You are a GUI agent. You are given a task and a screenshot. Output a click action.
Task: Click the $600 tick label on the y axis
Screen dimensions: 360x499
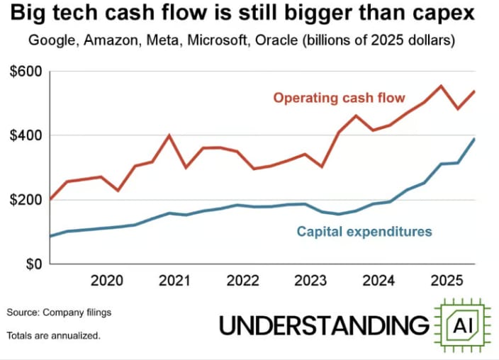click(26, 72)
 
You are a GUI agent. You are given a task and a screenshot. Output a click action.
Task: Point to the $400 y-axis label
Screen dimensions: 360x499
click(26, 135)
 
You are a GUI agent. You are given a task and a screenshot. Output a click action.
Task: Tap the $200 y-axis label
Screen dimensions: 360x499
click(26, 200)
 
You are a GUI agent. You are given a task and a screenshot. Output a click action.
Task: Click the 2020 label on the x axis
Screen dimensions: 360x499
click(106, 281)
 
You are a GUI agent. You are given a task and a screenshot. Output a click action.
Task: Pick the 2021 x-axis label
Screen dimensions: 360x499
click(175, 281)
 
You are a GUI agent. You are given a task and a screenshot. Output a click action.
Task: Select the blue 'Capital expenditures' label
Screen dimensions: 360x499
click(364, 231)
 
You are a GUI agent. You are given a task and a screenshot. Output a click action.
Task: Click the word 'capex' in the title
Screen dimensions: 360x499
click(446, 15)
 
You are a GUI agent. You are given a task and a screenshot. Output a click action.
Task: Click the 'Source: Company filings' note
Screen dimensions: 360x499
click(59, 312)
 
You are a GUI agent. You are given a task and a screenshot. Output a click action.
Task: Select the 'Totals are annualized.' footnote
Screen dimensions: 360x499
click(54, 335)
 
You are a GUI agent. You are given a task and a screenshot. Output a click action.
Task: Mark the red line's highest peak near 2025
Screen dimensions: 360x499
click(441, 86)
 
